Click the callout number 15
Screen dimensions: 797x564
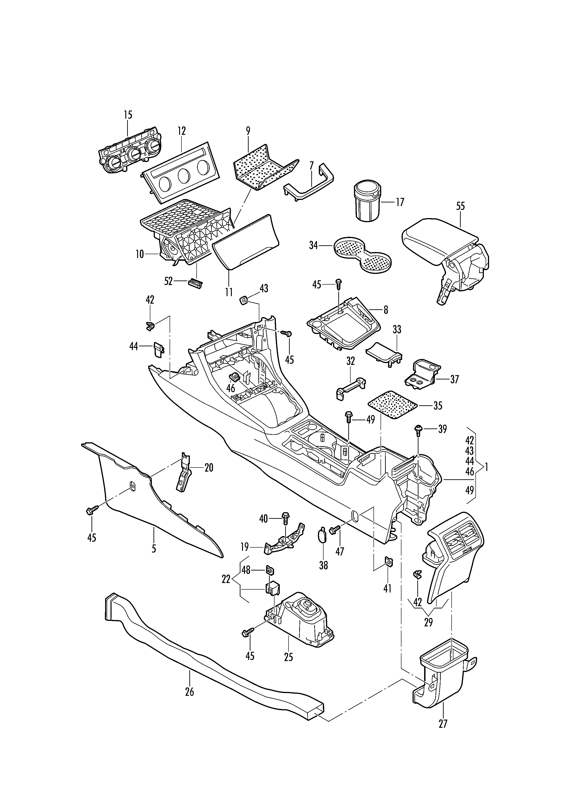[x=128, y=115]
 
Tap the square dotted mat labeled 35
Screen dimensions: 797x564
[x=392, y=405]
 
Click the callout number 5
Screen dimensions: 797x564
[x=154, y=549]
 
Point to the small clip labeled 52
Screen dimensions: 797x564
[x=195, y=282]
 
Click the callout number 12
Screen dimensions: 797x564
[x=182, y=131]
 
